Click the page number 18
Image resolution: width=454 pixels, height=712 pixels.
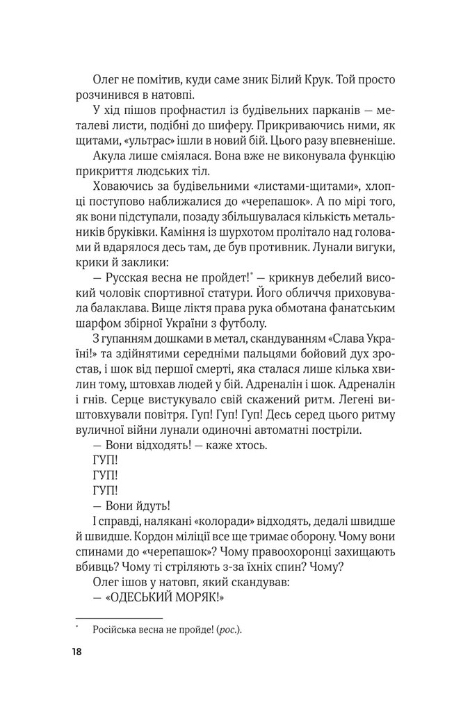[x=75, y=652]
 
